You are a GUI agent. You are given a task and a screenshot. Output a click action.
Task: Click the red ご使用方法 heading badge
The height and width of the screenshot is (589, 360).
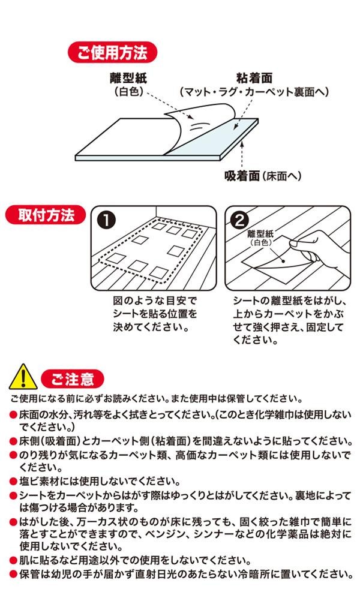point(112,52)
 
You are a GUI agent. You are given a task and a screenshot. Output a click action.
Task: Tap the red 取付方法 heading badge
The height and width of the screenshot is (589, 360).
point(46,215)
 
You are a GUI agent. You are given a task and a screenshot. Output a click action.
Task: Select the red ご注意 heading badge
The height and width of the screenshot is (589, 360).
point(72,379)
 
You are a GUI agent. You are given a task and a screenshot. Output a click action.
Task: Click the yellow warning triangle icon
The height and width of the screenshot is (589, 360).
point(23,377)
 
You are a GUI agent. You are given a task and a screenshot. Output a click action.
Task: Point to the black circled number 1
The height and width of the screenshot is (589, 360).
point(106,220)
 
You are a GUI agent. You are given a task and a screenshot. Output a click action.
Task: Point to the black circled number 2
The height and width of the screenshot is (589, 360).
point(240,220)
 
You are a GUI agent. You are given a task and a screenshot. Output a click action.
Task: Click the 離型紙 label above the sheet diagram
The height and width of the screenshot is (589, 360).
point(128,78)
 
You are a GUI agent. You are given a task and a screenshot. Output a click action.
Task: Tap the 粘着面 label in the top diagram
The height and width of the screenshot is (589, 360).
point(254,78)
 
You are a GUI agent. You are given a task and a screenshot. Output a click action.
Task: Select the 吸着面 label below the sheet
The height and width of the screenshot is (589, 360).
point(242,175)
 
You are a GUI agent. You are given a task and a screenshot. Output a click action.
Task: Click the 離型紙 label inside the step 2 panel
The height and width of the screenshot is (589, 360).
point(260,234)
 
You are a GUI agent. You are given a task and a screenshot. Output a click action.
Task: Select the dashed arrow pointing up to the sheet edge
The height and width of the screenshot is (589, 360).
point(242,154)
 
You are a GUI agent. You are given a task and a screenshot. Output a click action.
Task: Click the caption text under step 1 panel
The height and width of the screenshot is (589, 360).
point(155,314)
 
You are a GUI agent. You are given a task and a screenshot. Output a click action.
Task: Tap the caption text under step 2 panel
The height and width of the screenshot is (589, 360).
point(289,320)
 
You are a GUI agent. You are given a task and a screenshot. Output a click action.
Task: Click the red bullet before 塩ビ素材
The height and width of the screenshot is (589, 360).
point(14,482)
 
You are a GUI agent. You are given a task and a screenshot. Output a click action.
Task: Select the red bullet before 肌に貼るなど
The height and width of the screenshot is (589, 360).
point(14,561)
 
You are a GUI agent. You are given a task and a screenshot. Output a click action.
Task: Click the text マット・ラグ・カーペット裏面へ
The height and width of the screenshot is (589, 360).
point(254,92)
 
